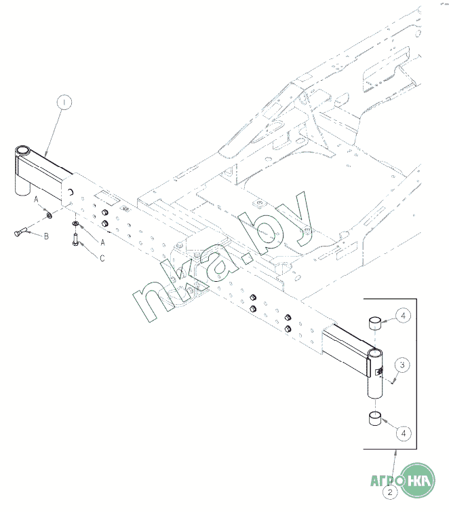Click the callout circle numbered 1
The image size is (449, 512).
tap(64, 103)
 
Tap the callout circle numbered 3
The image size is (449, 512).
tap(402, 365)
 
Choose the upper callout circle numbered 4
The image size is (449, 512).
tap(402, 316)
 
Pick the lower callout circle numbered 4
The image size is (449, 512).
tap(403, 431)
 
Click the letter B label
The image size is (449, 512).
tap(46, 236)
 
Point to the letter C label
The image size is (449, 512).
tap(102, 258)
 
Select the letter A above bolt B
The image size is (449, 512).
tap(37, 198)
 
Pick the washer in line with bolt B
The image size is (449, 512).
tap(50, 215)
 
